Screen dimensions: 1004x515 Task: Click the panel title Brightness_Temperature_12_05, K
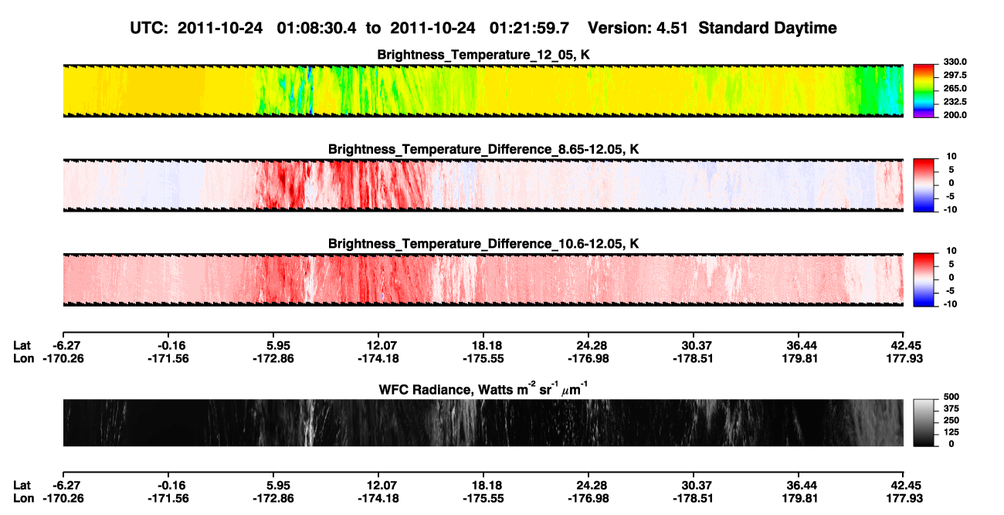pyautogui.click(x=483, y=55)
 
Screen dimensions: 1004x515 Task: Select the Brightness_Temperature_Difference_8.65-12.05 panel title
pyautogui.click(x=483, y=149)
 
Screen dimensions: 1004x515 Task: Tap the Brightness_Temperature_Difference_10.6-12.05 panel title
pyautogui.click(x=483, y=244)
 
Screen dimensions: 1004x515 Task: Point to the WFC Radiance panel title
pyautogui.click(x=483, y=389)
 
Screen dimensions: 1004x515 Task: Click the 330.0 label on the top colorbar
pyautogui.click(x=955, y=62)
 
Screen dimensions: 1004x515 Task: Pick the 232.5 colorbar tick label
pyautogui.click(x=955, y=102)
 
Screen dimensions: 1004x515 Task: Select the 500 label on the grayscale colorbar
pyautogui.click(x=951, y=397)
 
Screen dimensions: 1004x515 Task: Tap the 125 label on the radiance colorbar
pyautogui.click(x=951, y=432)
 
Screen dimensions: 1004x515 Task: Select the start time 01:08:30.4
pyautogui.click(x=317, y=28)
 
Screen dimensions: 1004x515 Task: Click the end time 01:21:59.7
pyautogui.click(x=529, y=28)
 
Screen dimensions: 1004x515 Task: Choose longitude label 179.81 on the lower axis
pyautogui.click(x=800, y=499)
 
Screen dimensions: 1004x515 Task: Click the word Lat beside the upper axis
pyautogui.click(x=22, y=346)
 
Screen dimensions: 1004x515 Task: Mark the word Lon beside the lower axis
pyautogui.click(x=24, y=499)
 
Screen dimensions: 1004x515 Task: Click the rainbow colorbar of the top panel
pyautogui.click(x=924, y=91)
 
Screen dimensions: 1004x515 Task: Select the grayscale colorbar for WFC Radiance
pyautogui.click(x=924, y=422)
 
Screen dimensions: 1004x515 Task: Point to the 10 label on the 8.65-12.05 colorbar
pyautogui.click(x=951, y=157)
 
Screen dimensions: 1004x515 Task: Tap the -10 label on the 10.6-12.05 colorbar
pyautogui.click(x=950, y=304)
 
